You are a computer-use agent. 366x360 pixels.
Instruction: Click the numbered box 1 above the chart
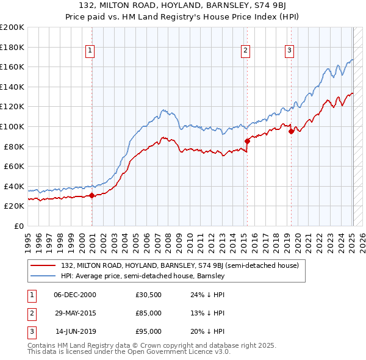pyautogui.click(x=90, y=51)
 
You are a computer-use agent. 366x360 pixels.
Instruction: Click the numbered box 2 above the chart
pyautogui.click(x=245, y=51)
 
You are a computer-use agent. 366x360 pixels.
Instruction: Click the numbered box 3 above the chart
pyautogui.click(x=289, y=51)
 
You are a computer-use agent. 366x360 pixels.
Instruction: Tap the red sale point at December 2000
pyautogui.click(x=92, y=196)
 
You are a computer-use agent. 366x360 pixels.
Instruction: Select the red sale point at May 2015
pyautogui.click(x=247, y=141)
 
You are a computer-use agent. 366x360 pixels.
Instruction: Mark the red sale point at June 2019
pyautogui.click(x=291, y=131)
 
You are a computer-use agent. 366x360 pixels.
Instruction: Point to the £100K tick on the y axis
pyautogui.click(x=13, y=126)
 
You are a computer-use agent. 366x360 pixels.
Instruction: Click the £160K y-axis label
pyautogui.click(x=13, y=67)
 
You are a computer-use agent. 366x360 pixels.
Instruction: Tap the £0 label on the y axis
pyautogui.click(x=18, y=226)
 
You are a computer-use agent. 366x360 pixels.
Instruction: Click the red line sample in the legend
pyautogui.click(x=44, y=266)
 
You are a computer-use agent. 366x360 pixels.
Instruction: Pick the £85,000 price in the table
pyautogui.click(x=148, y=313)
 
